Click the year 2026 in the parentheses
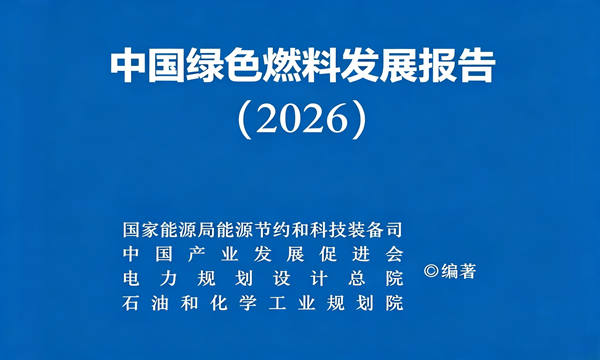point(301,119)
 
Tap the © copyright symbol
point(431,271)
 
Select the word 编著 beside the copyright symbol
point(458,271)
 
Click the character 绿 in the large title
point(205,67)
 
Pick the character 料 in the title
point(320,67)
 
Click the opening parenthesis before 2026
point(245,120)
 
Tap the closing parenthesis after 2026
point(358,120)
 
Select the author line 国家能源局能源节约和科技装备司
point(263,230)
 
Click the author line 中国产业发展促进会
point(263,254)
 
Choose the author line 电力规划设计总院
point(263,279)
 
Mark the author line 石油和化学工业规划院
point(263,303)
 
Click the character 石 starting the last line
point(131,303)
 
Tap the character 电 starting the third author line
point(131,279)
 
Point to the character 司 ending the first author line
point(395,230)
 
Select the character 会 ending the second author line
point(395,254)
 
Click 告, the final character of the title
point(476,67)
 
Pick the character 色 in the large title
point(243,67)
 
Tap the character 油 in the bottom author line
point(160,303)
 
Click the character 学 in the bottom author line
point(248,303)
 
